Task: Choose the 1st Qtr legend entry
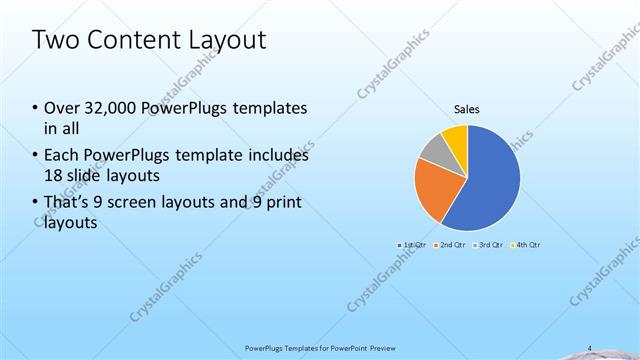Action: click(x=413, y=244)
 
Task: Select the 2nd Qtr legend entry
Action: click(x=451, y=244)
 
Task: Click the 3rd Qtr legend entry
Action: click(x=488, y=244)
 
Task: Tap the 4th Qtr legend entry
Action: click(x=526, y=244)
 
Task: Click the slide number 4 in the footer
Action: click(x=589, y=348)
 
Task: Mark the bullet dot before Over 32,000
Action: click(x=36, y=108)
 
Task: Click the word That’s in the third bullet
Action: click(x=68, y=203)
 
